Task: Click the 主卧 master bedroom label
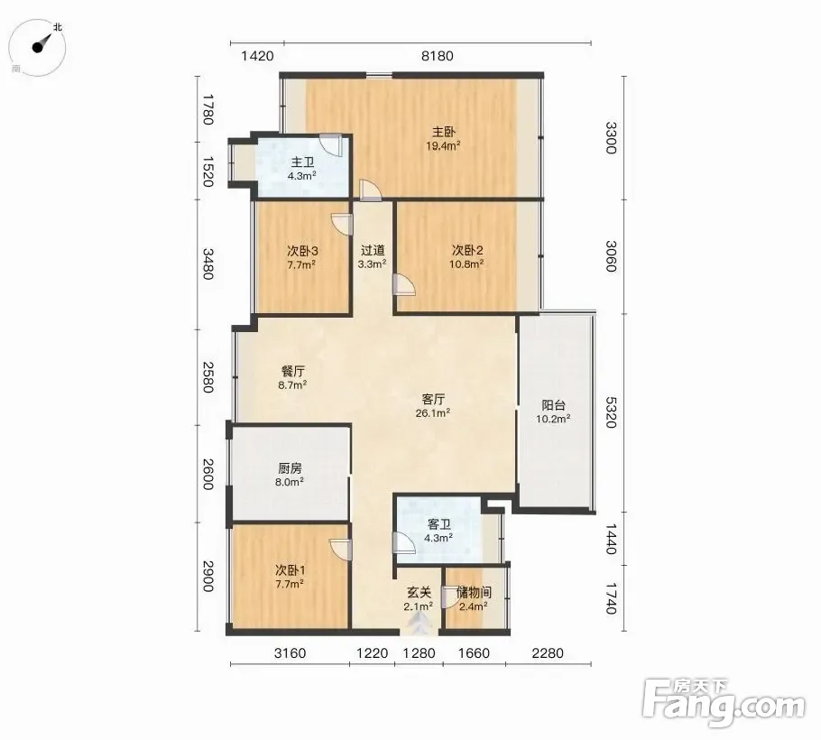[443, 132]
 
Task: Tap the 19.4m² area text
[443, 145]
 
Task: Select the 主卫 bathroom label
[302, 162]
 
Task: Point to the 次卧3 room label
[302, 251]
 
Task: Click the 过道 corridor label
[373, 250]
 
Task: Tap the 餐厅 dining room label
[292, 371]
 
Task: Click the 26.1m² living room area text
[433, 413]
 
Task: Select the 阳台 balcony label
[553, 405]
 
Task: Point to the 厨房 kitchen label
[290, 468]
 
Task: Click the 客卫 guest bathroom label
[438, 523]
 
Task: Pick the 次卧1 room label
[291, 569]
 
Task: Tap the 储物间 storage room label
[474, 592]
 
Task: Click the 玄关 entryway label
[419, 592]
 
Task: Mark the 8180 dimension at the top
[438, 56]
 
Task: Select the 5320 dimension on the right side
[611, 412]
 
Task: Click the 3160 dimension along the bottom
[291, 653]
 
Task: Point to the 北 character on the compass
[58, 27]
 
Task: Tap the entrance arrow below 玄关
[419, 623]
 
